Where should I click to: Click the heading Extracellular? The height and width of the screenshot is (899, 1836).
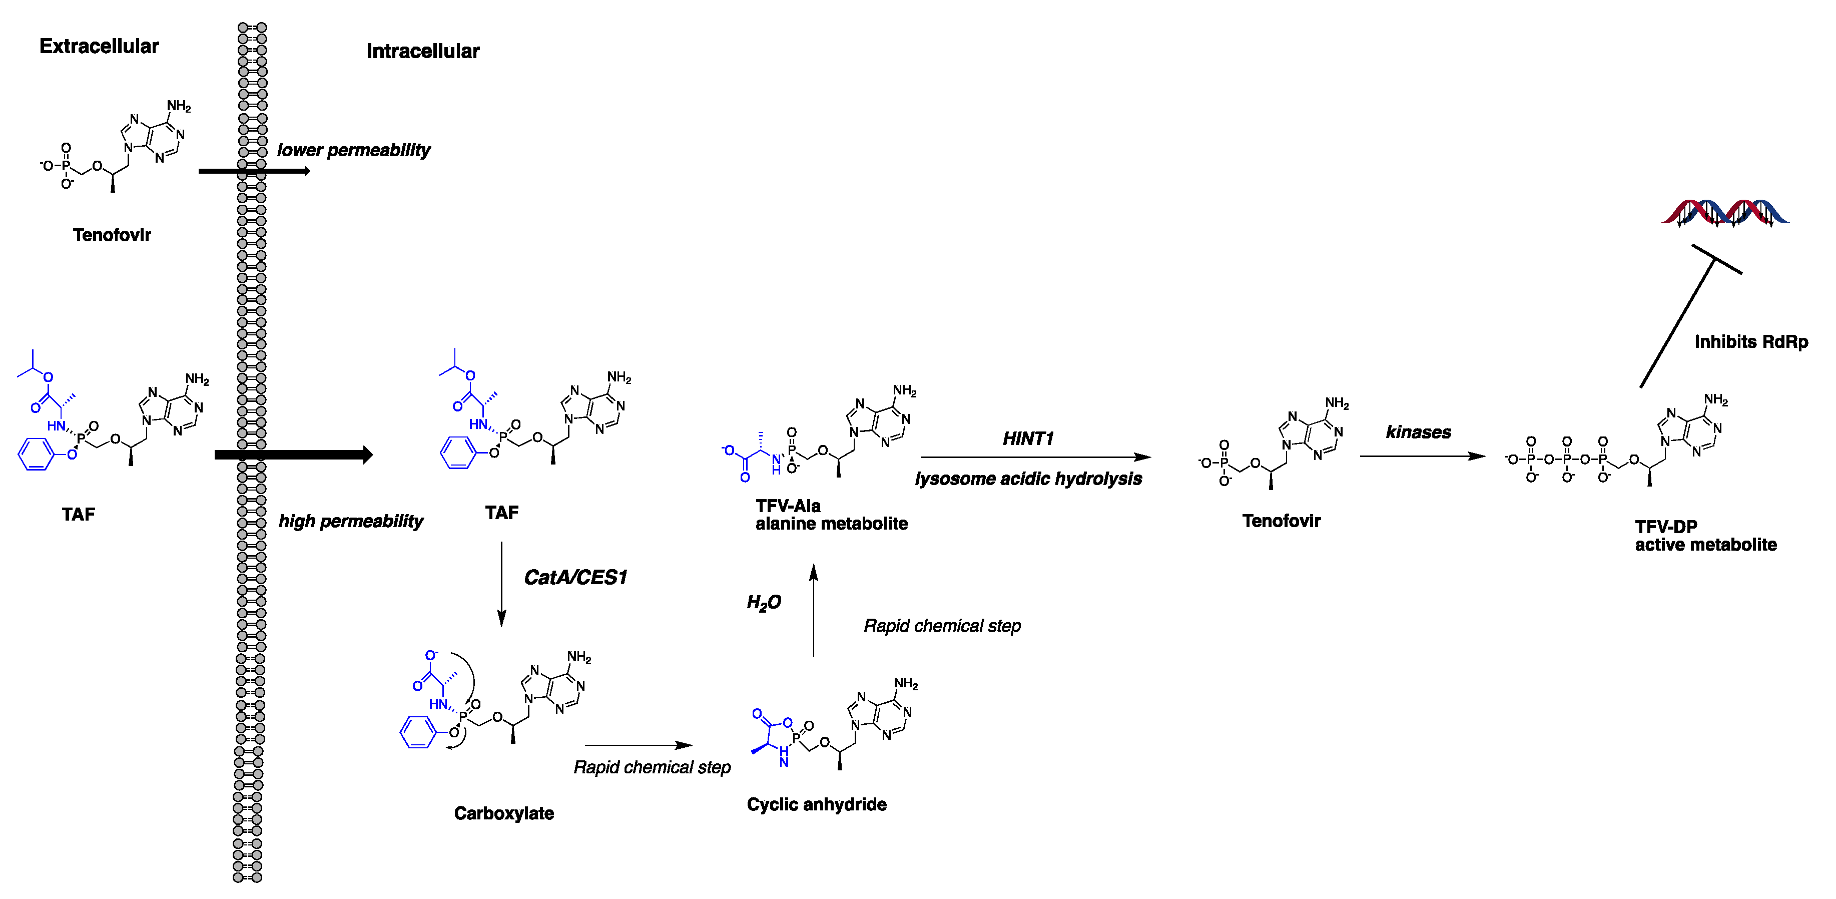[x=99, y=47]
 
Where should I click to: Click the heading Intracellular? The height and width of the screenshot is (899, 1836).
[x=423, y=52]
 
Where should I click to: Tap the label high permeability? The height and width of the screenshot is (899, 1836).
[x=351, y=521]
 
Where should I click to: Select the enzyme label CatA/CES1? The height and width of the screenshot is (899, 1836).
[x=575, y=578]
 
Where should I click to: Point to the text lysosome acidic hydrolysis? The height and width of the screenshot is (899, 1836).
[x=1028, y=479]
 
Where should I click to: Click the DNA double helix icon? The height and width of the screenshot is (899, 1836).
[x=1725, y=212]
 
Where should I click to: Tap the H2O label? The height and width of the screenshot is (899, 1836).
[x=763, y=603]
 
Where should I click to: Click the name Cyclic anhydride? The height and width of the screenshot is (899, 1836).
[x=816, y=805]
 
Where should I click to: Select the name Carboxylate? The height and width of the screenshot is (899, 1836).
[x=503, y=813]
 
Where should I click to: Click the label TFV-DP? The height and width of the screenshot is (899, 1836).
[x=1666, y=527]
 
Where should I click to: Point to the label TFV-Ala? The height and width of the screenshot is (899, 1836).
[x=788, y=506]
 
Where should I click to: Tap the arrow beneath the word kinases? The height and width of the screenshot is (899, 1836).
[x=1422, y=457]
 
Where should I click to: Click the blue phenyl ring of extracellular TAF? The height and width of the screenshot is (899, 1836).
[x=35, y=454]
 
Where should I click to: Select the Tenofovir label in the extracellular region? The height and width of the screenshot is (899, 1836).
[x=112, y=235]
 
